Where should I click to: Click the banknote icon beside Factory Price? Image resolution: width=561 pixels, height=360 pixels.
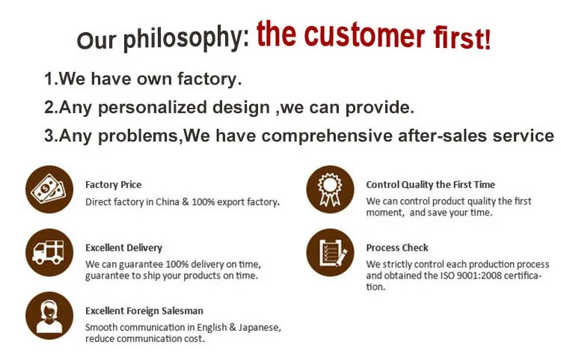(49, 189)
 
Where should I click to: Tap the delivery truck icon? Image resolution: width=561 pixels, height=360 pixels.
(49, 253)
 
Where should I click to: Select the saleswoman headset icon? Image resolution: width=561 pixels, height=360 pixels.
(49, 316)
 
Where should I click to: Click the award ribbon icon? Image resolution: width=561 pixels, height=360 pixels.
(330, 189)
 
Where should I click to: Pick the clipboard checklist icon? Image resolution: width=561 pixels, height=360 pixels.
(330, 253)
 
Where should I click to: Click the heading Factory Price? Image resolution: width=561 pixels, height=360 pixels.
(114, 185)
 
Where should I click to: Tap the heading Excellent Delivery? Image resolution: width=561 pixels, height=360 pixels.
(123, 248)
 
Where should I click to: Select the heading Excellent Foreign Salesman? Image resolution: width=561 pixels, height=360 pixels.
(144, 311)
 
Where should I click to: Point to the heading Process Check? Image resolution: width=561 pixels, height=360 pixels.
(397, 248)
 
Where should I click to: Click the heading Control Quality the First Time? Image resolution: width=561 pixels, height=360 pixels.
(430, 185)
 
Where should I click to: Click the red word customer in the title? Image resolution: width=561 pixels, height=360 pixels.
(364, 34)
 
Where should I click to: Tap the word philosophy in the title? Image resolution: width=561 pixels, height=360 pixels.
(183, 37)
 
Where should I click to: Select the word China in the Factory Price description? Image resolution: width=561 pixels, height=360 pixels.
(167, 202)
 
